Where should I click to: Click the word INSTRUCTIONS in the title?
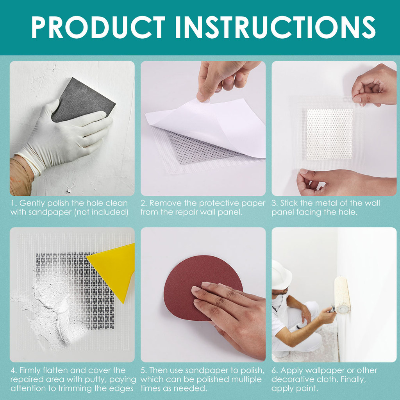275,27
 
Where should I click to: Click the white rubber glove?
64,138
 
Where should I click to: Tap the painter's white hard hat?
280,275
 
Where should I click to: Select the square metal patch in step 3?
330,134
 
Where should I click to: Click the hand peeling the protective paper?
225,79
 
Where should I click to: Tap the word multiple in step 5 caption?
246,380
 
